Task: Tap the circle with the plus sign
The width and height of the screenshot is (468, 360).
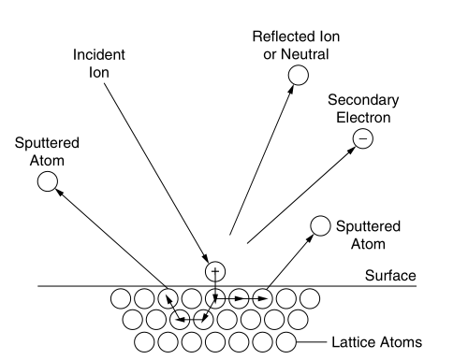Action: tap(216, 272)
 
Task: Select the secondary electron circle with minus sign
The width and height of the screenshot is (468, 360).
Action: tap(362, 139)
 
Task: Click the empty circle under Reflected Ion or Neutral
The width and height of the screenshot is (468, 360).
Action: tap(299, 75)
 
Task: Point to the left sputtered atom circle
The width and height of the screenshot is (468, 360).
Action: tap(45, 180)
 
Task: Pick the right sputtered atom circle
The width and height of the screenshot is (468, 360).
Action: tap(320, 225)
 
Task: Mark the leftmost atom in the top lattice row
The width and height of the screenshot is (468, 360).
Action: tap(122, 298)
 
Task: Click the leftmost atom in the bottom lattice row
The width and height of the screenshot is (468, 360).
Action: tap(145, 341)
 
